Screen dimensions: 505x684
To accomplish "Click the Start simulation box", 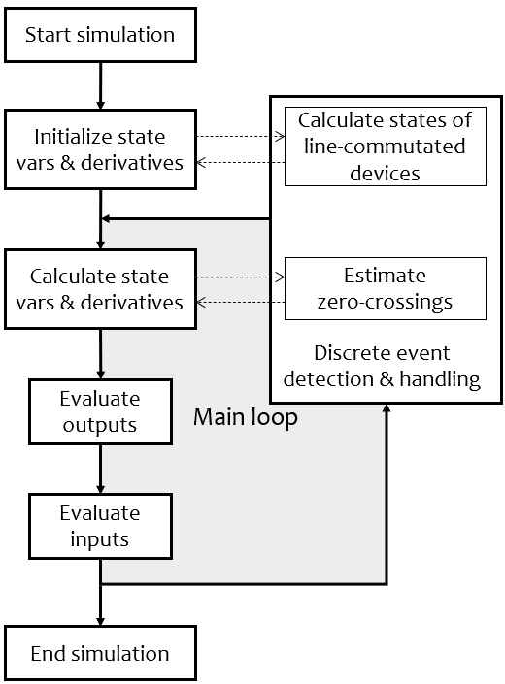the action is click(100, 35).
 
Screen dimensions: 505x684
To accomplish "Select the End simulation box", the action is click(100, 653).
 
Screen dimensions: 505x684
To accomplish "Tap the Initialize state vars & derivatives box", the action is click(100, 149).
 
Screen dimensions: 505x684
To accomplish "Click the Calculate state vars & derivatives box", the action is click(100, 289).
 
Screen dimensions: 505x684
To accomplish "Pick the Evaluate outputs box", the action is click(100, 411).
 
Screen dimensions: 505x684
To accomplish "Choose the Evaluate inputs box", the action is click(100, 526).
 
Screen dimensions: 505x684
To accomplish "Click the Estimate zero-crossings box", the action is click(386, 288).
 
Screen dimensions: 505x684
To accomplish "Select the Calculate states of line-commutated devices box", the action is click(386, 147).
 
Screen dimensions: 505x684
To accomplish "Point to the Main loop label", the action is click(246, 418).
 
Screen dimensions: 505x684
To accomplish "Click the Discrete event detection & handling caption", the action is click(382, 366).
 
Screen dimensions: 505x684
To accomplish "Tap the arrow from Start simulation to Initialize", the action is click(100, 86).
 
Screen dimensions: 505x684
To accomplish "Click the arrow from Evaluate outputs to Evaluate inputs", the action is click(100, 469).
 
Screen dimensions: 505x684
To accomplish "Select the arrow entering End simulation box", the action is click(100, 593).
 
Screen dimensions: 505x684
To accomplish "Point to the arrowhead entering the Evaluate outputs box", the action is click(100, 375).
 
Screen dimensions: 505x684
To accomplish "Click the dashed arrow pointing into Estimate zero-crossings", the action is click(241, 277).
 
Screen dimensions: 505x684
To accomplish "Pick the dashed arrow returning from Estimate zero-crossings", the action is click(241, 302).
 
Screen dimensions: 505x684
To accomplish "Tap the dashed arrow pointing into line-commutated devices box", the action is click(241, 136).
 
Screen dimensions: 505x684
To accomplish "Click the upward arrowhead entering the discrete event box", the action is click(387, 407).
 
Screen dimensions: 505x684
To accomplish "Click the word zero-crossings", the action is click(385, 302).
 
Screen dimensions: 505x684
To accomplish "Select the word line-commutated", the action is click(385, 147).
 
